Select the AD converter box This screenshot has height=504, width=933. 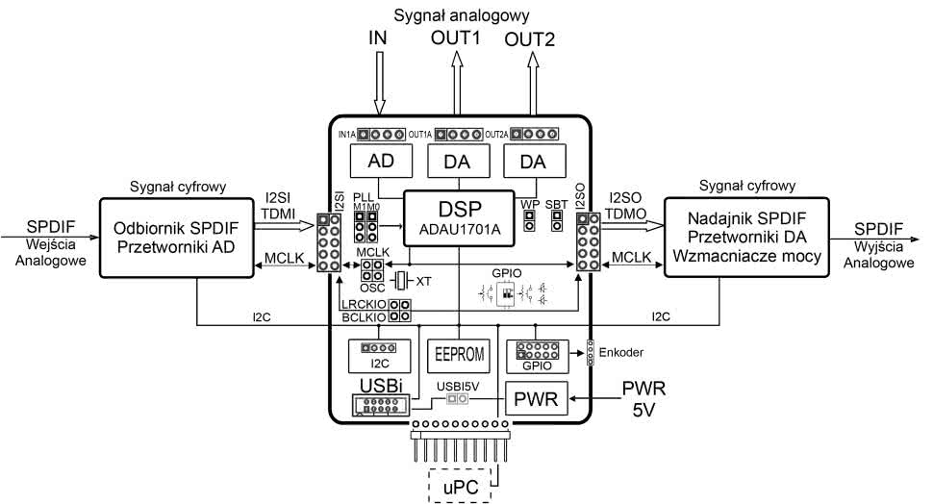point(380,163)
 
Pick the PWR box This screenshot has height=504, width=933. point(536,396)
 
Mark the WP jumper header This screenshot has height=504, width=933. point(529,221)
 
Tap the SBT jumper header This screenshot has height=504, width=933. point(557,221)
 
